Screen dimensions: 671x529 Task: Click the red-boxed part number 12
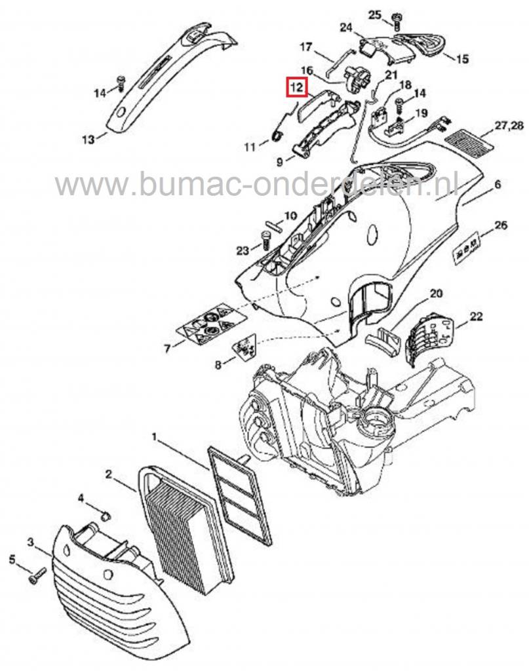296,86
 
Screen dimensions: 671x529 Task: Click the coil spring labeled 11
277,135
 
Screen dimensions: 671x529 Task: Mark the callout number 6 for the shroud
497,185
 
